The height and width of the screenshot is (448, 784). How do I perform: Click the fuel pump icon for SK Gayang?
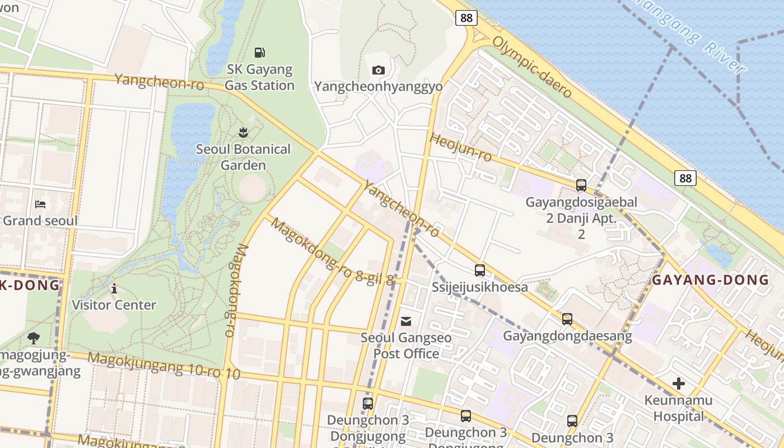(x=259, y=53)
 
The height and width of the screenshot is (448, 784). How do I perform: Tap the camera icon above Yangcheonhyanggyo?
(x=379, y=70)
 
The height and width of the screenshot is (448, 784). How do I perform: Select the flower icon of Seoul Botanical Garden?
(x=243, y=133)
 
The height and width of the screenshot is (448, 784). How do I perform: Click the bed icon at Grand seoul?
(x=40, y=204)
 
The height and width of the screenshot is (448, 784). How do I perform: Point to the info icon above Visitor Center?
(x=114, y=288)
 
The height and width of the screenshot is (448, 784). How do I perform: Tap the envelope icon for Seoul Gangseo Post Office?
(x=406, y=321)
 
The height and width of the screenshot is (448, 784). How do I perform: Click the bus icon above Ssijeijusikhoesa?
(x=480, y=270)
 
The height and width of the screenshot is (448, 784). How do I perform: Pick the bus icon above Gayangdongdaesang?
(x=567, y=319)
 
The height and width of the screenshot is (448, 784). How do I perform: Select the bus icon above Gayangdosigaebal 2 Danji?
(x=581, y=185)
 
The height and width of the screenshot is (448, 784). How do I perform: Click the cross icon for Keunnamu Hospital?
(x=679, y=384)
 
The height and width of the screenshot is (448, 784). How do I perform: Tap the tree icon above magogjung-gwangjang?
(x=34, y=338)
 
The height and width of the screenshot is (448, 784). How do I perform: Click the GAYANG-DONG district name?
(x=711, y=280)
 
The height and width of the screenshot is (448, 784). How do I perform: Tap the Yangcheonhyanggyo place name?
(x=379, y=87)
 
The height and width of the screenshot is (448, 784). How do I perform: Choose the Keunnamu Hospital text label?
(x=679, y=408)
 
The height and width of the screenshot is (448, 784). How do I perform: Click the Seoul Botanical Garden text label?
(x=243, y=157)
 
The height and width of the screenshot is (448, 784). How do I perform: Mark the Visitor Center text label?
(x=114, y=305)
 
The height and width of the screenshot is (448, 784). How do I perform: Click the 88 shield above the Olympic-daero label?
(x=466, y=18)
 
